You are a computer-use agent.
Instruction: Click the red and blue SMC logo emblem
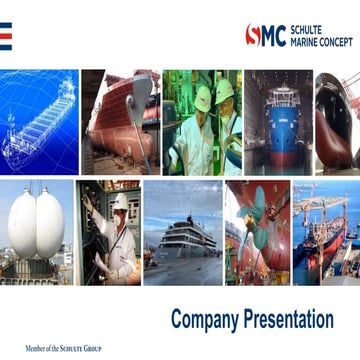point(266,35)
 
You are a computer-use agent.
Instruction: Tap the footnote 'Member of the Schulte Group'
point(63,348)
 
